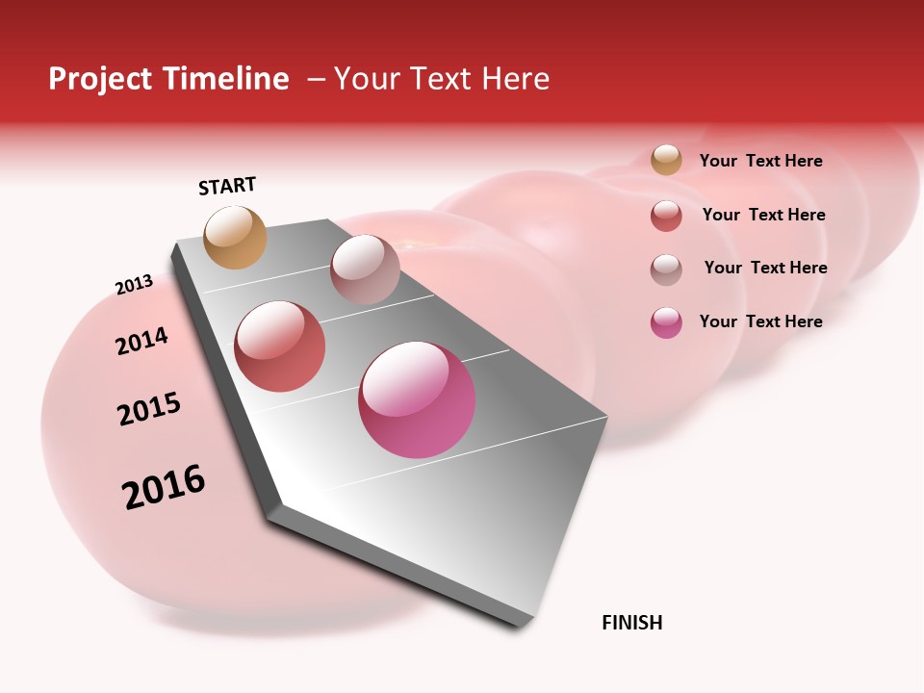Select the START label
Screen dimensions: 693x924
(227, 186)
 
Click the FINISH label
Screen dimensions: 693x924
(632, 623)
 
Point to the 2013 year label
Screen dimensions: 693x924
(134, 285)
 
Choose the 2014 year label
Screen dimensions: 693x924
(141, 341)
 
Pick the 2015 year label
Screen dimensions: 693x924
(149, 409)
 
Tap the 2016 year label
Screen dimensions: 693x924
(164, 486)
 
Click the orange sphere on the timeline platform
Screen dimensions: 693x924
(236, 237)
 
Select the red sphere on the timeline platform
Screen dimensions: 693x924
(280, 346)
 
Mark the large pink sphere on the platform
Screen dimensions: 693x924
(417, 399)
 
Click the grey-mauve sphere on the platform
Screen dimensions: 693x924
(365, 269)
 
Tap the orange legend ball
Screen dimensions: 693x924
(666, 160)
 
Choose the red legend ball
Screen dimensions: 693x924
(666, 216)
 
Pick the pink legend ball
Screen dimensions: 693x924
(666, 322)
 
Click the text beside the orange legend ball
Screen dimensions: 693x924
(760, 161)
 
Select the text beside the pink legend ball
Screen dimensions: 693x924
(760, 321)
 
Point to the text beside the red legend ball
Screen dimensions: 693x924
(763, 215)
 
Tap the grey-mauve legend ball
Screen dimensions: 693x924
(666, 269)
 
